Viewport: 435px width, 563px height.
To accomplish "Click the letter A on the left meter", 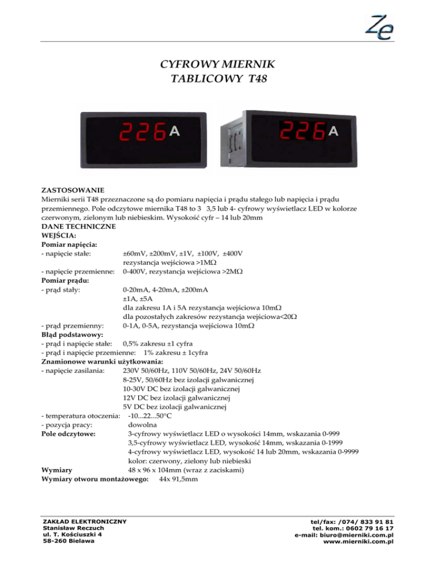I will tap(176, 133).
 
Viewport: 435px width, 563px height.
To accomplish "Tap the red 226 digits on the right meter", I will tap(302, 131).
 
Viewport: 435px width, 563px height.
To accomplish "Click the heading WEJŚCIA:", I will tap(59, 236).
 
